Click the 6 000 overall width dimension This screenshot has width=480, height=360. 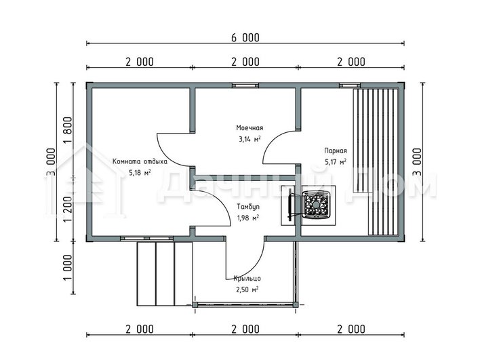pyautogui.click(x=245, y=38)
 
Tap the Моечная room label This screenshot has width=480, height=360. pyautogui.click(x=249, y=127)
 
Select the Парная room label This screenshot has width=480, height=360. pyautogui.click(x=336, y=151)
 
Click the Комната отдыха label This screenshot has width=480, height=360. pyautogui.click(x=140, y=161)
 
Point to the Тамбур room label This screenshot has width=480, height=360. pyautogui.click(x=248, y=207)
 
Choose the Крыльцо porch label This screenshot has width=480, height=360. pyautogui.click(x=247, y=279)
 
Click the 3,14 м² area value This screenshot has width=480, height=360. pyautogui.click(x=249, y=139)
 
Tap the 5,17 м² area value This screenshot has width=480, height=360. pyautogui.click(x=336, y=161)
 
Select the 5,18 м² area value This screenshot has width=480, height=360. pyautogui.click(x=140, y=173)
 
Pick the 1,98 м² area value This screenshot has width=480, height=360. pyautogui.click(x=248, y=218)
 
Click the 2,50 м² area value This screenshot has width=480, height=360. pyautogui.click(x=247, y=289)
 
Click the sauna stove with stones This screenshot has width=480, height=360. pyautogui.click(x=316, y=205)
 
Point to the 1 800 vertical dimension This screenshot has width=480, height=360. pyautogui.click(x=68, y=130)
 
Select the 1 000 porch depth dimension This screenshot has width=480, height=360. pyautogui.click(x=68, y=267)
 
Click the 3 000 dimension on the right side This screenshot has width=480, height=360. pyautogui.click(x=417, y=162)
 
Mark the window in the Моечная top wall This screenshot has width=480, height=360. pyautogui.click(x=245, y=85)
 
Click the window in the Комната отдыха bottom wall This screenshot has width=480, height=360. pyautogui.click(x=146, y=239)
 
